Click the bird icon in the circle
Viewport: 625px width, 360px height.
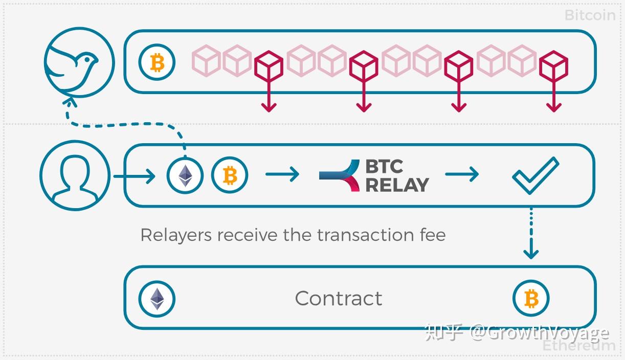click(x=78, y=62)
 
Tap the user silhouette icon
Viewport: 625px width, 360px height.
click(x=75, y=175)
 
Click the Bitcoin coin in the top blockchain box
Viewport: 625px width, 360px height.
click(x=157, y=63)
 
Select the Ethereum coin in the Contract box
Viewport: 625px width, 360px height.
click(x=157, y=299)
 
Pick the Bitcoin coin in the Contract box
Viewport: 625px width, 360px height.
click(x=531, y=299)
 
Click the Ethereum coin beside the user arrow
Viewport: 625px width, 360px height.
click(x=185, y=175)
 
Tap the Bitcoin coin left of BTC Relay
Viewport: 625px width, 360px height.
click(x=230, y=175)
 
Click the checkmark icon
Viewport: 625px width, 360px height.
click(x=535, y=175)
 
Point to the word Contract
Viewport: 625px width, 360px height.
click(x=339, y=298)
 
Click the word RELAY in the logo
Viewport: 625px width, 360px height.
click(x=397, y=185)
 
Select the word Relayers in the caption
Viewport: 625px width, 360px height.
click(x=175, y=235)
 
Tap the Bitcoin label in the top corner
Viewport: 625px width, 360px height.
click(x=590, y=15)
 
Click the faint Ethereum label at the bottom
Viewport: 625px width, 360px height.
click(x=578, y=346)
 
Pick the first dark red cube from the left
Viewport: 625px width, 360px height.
click(x=269, y=66)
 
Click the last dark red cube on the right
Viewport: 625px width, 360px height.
click(x=554, y=66)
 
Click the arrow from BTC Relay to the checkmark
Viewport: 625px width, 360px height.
click(x=461, y=174)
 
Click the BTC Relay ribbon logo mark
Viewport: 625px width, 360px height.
click(x=340, y=175)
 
